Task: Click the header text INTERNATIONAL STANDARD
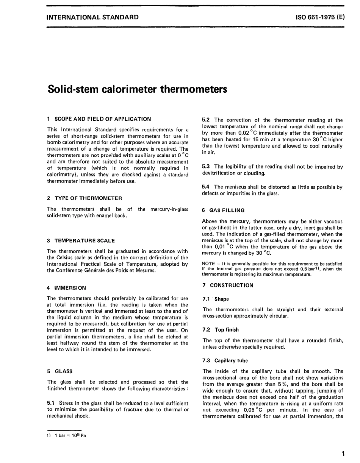(x=92, y=17)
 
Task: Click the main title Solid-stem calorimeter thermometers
(x=137, y=89)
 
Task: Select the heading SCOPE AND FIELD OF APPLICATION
(x=103, y=119)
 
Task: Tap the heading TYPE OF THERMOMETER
(x=88, y=198)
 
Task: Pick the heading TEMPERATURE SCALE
(x=85, y=240)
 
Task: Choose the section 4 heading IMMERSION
(x=70, y=288)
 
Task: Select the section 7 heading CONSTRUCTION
(x=232, y=285)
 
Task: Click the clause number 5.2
(x=206, y=120)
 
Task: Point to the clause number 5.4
(x=206, y=187)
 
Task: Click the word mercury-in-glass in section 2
(x=169, y=209)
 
